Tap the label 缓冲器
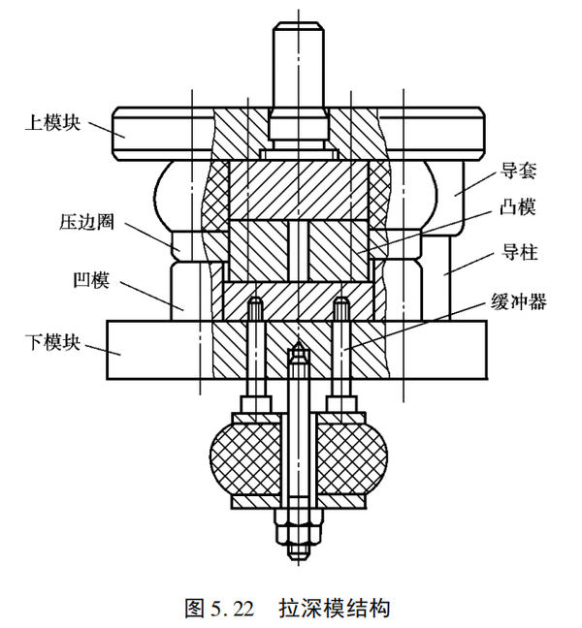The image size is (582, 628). point(518,302)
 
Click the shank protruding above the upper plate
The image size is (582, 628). point(298,73)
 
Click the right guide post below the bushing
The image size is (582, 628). point(436,276)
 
